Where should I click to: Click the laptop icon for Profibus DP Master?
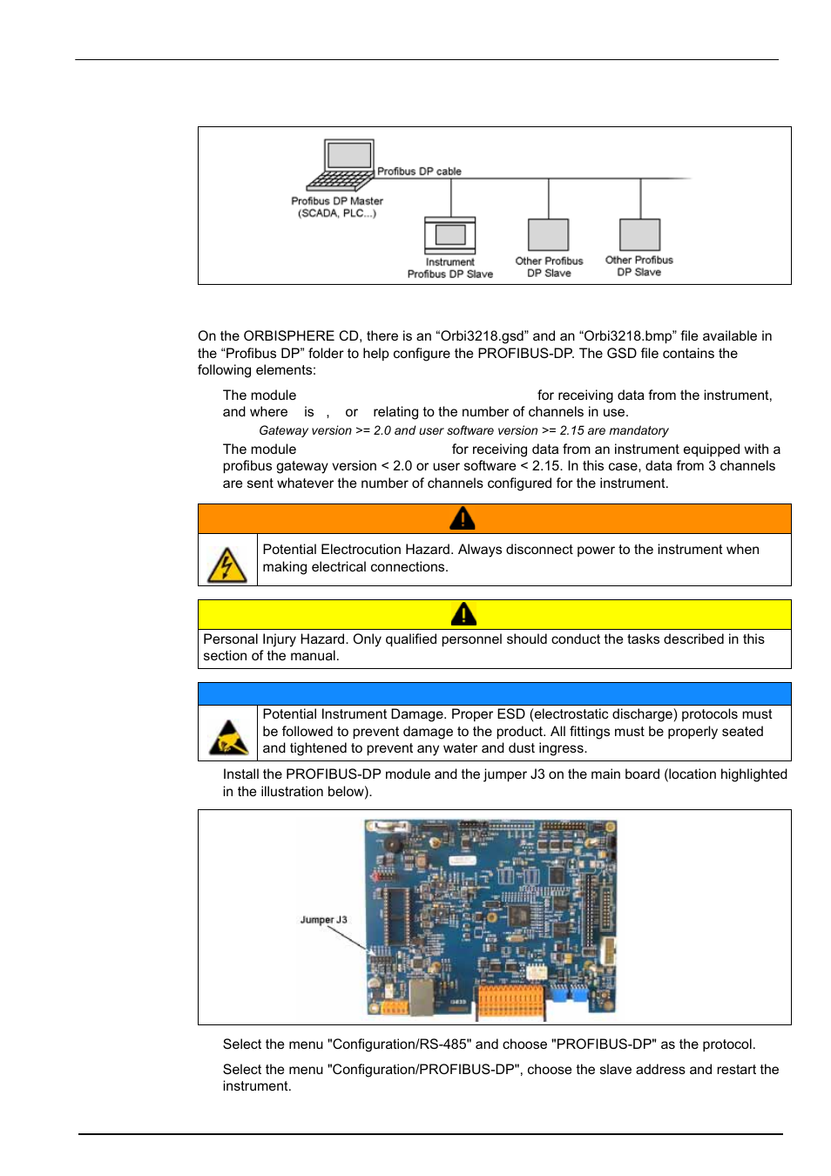[x=341, y=166]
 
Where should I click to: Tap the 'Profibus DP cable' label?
[x=419, y=172]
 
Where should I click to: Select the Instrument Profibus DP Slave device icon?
[x=449, y=235]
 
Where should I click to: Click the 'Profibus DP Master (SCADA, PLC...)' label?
[x=337, y=207]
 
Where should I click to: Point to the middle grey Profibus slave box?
[x=548, y=234]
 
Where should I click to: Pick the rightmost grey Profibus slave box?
[x=639, y=234]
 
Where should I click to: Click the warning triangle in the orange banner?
[x=462, y=519]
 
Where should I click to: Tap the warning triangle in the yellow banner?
[x=463, y=615]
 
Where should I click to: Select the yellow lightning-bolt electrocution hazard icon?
[x=226, y=564]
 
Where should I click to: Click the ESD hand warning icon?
[x=228, y=738]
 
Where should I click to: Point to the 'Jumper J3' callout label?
[x=323, y=920]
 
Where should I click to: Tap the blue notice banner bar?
[x=494, y=694]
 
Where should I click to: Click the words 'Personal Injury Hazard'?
[x=274, y=639]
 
